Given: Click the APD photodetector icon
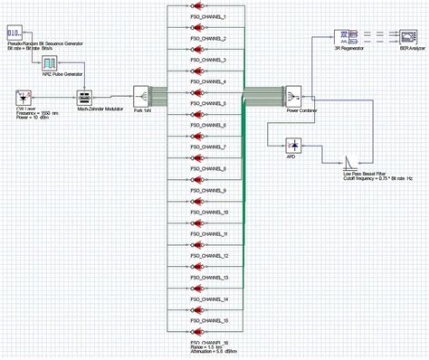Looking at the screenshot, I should (x=293, y=145).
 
